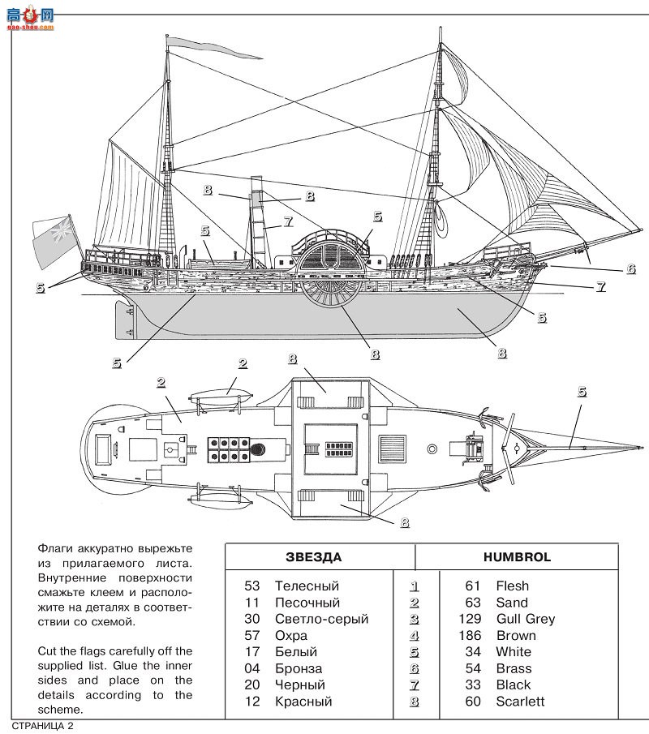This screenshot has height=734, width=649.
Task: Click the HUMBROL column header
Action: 517,557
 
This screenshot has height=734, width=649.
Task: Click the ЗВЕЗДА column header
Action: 313,557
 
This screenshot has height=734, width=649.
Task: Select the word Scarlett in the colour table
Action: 520,702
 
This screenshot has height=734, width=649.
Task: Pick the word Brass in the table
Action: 514,668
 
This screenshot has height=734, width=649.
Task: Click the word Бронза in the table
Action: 298,668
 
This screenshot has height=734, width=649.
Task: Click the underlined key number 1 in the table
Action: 415,586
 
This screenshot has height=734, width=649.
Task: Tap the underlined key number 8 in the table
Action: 415,702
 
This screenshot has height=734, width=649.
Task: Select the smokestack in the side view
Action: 258,219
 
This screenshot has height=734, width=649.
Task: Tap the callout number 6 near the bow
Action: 630,268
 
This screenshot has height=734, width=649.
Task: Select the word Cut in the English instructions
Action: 49,651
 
